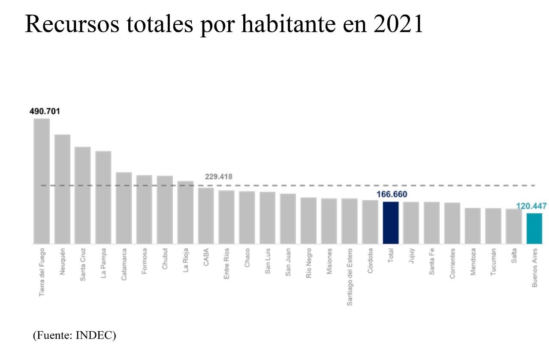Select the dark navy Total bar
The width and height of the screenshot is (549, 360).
click(x=391, y=223)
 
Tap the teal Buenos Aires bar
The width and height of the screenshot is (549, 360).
click(x=534, y=228)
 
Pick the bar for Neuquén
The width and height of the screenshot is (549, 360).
click(x=62, y=189)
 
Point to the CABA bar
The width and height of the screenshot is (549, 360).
click(x=206, y=215)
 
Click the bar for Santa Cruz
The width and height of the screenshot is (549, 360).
click(x=83, y=195)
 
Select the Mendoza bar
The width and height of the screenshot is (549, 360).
click(x=473, y=226)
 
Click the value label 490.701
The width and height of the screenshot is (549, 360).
click(x=45, y=111)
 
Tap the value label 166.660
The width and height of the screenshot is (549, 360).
click(x=392, y=194)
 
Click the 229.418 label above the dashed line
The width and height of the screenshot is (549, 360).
click(x=219, y=176)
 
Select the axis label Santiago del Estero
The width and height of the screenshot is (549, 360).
click(x=350, y=277)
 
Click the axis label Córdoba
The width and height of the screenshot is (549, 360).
click(x=370, y=260)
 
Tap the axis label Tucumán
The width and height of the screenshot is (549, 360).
click(x=494, y=261)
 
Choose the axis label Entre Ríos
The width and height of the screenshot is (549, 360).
click(x=226, y=263)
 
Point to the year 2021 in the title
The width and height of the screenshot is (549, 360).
click(x=398, y=24)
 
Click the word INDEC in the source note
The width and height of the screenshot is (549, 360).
click(x=94, y=336)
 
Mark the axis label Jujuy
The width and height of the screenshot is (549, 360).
click(x=411, y=257)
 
